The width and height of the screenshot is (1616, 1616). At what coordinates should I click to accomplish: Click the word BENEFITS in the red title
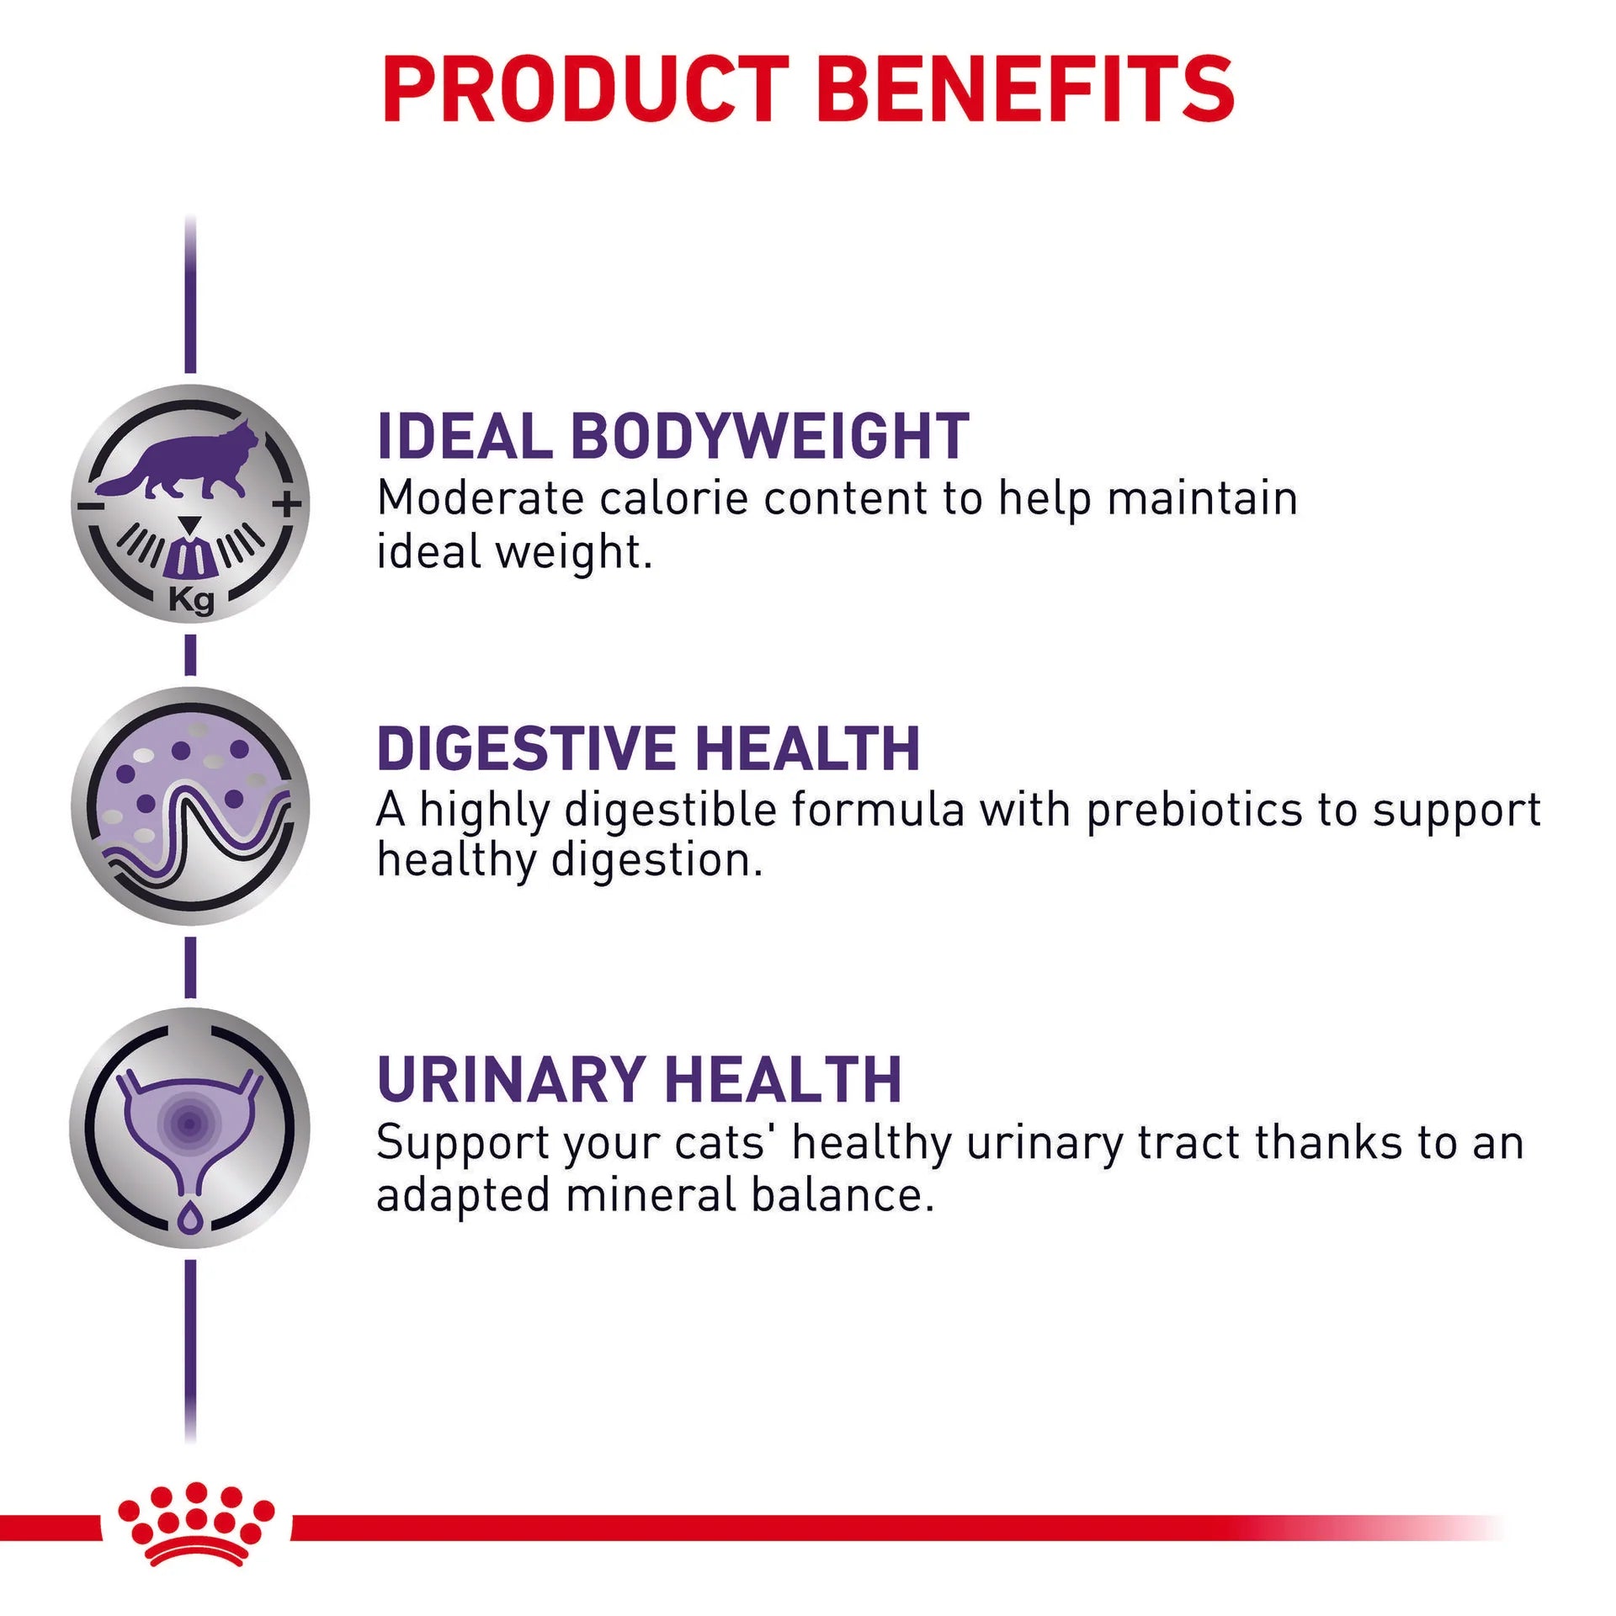(x=1025, y=89)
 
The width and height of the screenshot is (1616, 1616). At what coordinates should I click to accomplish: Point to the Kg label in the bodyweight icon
(x=191, y=600)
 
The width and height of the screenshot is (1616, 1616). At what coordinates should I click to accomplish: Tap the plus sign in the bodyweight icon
(x=287, y=505)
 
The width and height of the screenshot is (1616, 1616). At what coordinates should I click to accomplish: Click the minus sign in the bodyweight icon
(x=88, y=506)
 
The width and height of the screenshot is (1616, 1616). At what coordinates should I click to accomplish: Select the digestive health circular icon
(x=190, y=806)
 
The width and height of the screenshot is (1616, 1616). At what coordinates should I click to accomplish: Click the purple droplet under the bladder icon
(x=191, y=1218)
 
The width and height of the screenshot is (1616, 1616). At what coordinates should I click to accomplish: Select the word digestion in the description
(x=656, y=862)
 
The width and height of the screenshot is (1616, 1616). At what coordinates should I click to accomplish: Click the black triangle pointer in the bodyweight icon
(x=191, y=524)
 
